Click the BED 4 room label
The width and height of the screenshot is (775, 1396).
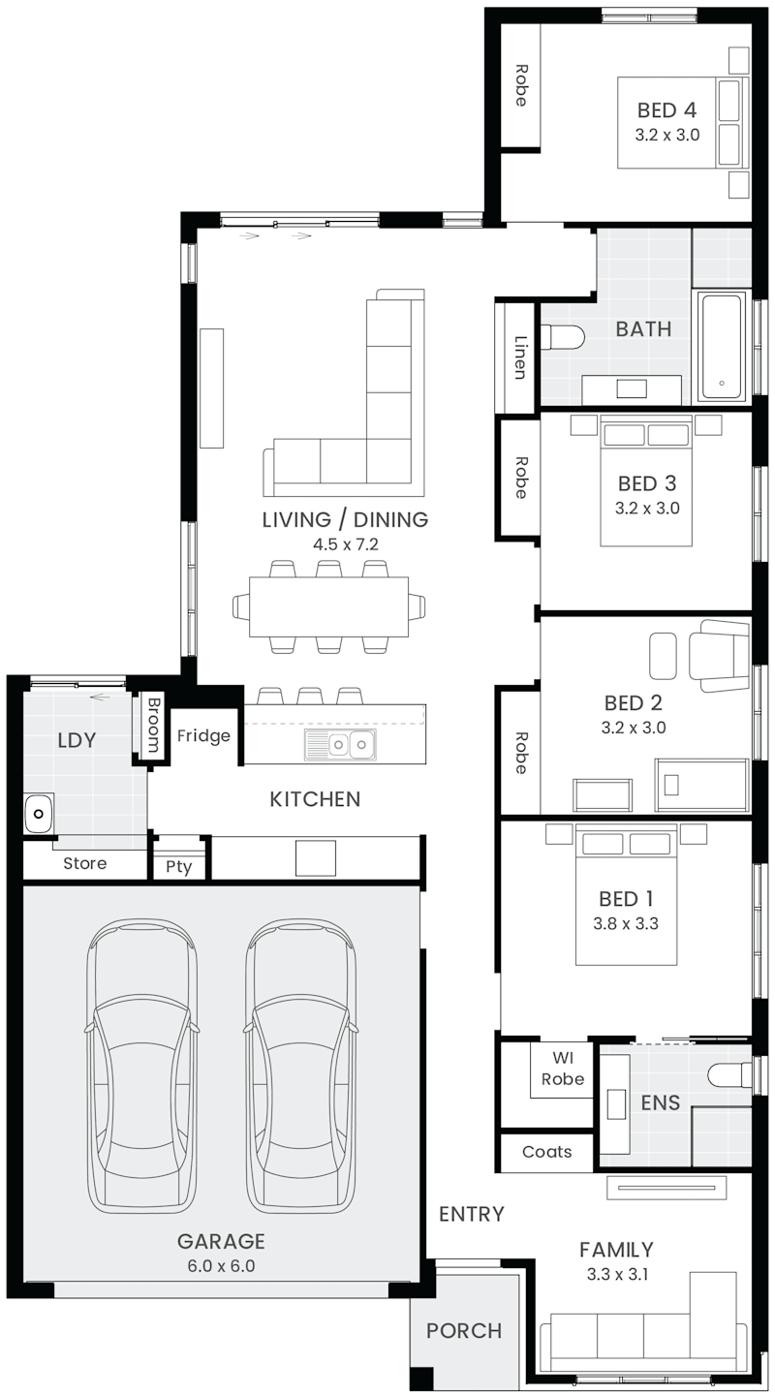[x=666, y=110]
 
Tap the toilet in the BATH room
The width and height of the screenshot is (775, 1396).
[x=562, y=338]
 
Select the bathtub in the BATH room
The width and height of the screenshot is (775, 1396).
[x=722, y=346]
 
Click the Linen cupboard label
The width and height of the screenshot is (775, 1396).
[x=519, y=357]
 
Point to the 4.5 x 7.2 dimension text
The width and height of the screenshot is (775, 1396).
[x=345, y=544]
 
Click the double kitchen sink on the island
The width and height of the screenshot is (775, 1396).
[x=340, y=744]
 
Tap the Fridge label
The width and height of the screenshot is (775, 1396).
[x=203, y=736]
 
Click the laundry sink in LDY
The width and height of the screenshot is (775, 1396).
[x=39, y=814]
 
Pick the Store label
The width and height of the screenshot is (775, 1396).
[x=84, y=863]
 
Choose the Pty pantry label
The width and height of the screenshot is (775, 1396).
[x=179, y=867]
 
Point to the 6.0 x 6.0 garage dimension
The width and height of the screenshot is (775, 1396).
[x=221, y=1266]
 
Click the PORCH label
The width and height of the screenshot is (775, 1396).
[x=464, y=1330]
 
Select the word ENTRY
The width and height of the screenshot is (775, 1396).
[x=472, y=1214]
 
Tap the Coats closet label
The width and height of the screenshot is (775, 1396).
[x=547, y=1151]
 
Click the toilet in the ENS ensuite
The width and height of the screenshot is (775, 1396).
[x=729, y=1074]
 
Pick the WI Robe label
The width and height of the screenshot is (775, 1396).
[x=563, y=1069]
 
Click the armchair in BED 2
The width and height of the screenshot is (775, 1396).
[x=719, y=655]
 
